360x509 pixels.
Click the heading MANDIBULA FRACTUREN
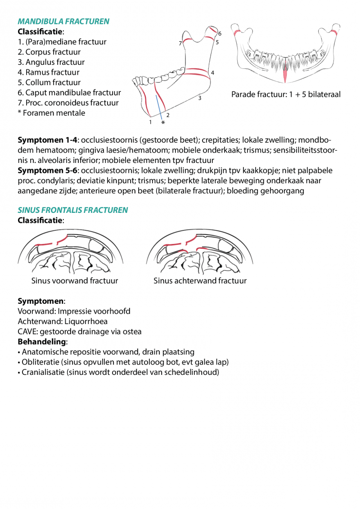[x=63, y=22]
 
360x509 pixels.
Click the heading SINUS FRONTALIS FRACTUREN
[x=72, y=210]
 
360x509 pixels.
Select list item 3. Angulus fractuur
[x=51, y=62]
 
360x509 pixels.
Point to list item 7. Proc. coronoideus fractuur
[x=68, y=103]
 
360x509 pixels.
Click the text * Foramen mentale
[x=51, y=113]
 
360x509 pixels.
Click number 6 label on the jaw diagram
[x=220, y=34]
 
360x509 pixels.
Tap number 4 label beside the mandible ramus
[x=212, y=72]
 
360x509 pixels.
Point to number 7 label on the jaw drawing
[x=180, y=43]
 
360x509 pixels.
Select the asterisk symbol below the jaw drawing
[x=163, y=122]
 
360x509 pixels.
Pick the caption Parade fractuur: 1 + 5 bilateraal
[x=286, y=95]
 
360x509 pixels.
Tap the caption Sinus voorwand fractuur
[x=75, y=281]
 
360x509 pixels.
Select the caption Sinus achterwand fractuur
[x=200, y=281]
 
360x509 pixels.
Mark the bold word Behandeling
[x=41, y=342]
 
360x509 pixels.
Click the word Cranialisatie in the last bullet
[x=44, y=373]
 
